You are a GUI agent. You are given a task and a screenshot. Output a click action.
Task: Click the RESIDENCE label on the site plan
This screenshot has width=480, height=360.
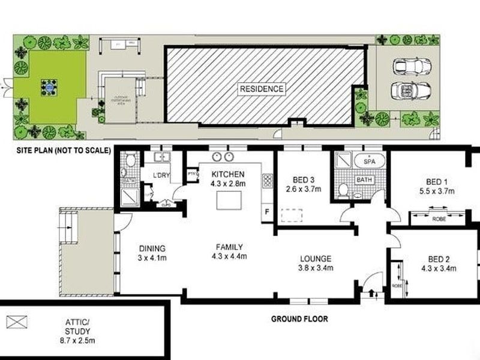[262, 89]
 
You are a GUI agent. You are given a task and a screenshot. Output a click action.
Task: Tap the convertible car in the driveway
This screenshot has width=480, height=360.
[410, 91]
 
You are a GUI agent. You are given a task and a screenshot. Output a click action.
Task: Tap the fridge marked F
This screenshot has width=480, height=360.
[267, 212]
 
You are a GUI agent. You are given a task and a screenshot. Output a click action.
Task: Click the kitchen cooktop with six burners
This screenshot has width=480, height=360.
[267, 181]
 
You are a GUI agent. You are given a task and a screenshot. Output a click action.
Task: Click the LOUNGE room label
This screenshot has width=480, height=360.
[316, 259]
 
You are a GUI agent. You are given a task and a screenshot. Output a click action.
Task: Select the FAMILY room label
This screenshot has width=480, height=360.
[229, 247]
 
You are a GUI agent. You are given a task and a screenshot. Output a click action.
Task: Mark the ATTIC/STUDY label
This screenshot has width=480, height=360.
[78, 326]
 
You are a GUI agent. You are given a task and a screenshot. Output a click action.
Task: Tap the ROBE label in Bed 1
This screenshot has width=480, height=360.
[439, 219]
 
